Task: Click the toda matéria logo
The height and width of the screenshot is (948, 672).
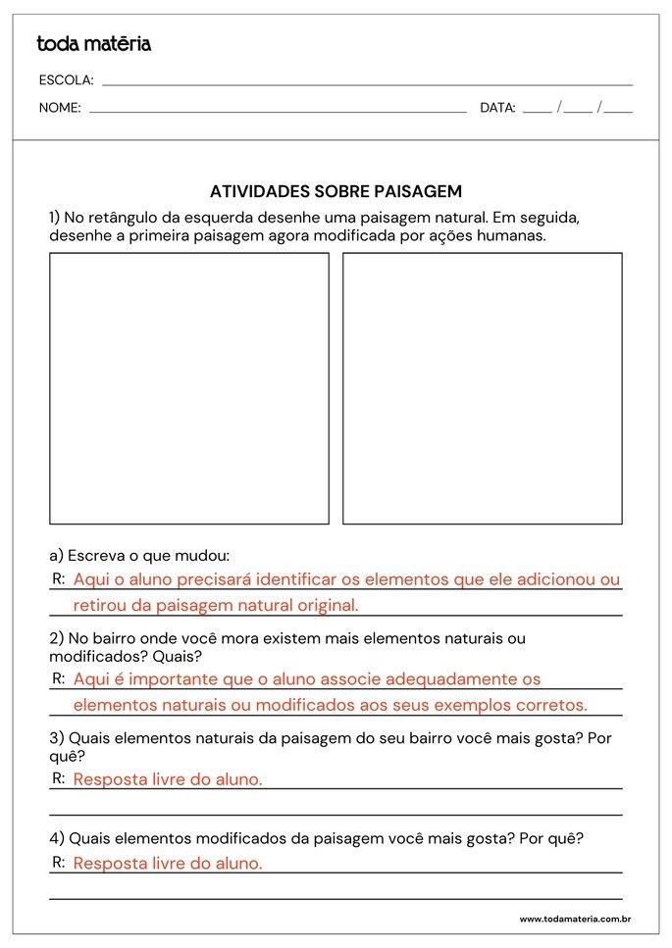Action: (x=93, y=44)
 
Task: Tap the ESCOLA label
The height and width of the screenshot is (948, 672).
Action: (x=66, y=80)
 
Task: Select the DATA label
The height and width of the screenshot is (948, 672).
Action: (x=497, y=108)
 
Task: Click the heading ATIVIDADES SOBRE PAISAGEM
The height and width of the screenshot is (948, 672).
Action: (x=336, y=191)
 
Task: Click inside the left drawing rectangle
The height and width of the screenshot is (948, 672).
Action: (x=189, y=388)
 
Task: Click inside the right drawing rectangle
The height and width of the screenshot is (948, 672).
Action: (x=482, y=388)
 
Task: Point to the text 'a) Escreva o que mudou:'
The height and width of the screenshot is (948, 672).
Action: (x=139, y=555)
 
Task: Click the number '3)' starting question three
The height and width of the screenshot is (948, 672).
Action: (x=57, y=737)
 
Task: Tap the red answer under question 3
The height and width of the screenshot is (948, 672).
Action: (x=168, y=779)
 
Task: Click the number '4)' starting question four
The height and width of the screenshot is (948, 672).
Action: (x=57, y=838)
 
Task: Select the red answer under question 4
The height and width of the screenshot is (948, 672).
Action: (x=168, y=864)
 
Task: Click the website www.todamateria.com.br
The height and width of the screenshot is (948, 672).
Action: (x=575, y=920)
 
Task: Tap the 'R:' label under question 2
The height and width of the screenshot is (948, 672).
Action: (x=59, y=677)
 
